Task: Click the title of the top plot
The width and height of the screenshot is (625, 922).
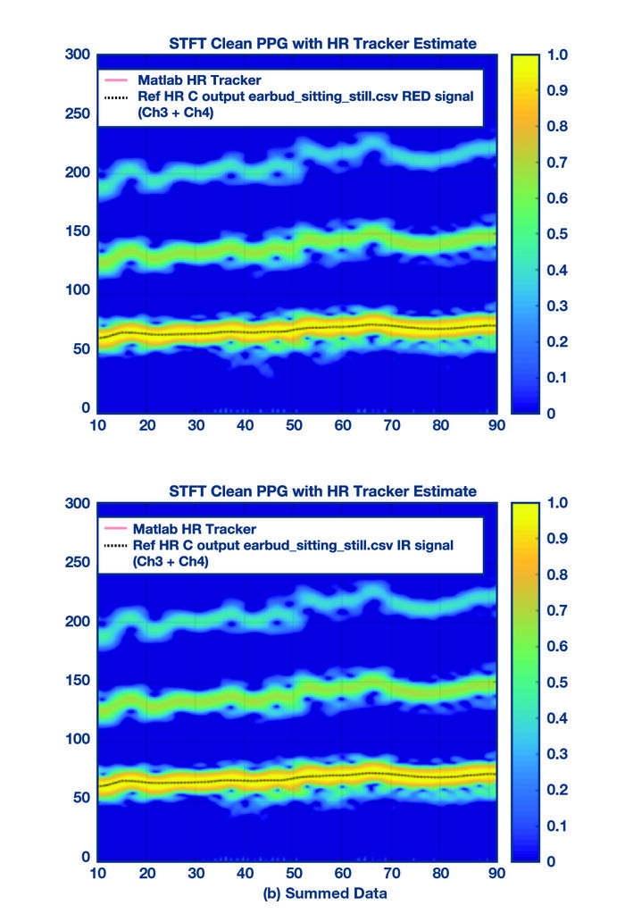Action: tap(322, 43)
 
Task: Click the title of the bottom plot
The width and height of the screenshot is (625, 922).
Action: tap(322, 491)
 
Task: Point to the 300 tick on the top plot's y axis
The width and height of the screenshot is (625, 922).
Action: tap(79, 54)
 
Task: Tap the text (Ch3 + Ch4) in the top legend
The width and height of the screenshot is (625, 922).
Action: tap(169, 113)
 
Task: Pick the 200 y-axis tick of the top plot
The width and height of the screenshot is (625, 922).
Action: tap(79, 172)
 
